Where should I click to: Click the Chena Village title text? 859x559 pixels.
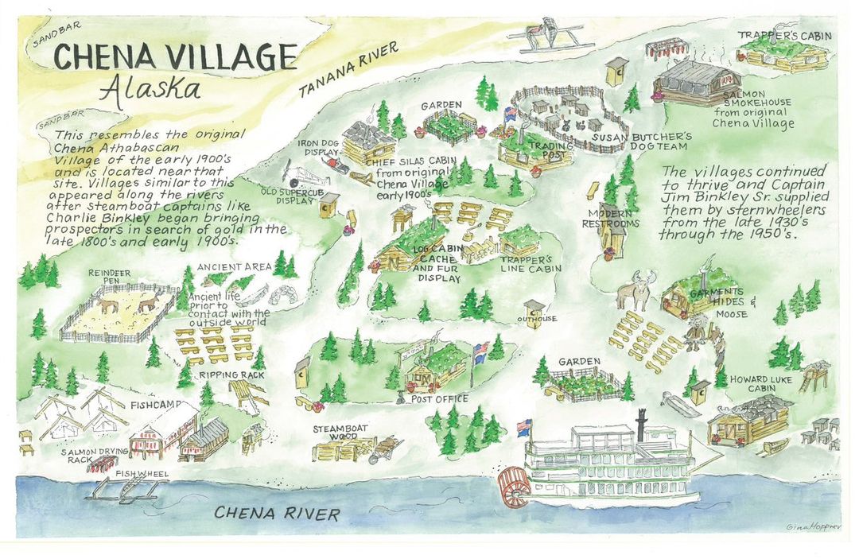[175, 57]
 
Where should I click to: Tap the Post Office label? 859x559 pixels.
[439, 399]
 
